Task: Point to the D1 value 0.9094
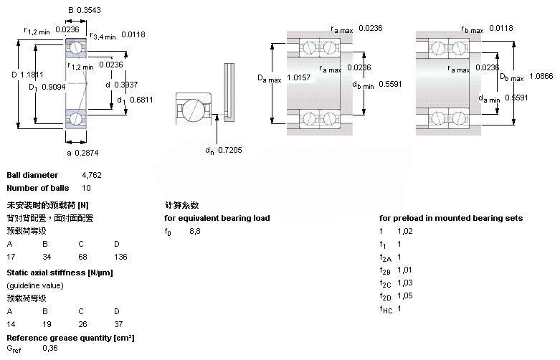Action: coord(51,87)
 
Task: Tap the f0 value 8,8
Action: coord(195,231)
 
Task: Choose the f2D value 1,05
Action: coord(405,295)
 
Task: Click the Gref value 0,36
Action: coord(50,348)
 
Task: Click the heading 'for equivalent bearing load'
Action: coord(217,218)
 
